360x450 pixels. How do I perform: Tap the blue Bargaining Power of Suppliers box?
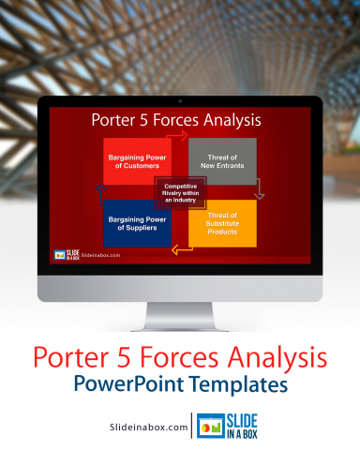point(136,222)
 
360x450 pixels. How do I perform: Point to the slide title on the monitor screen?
point(176,120)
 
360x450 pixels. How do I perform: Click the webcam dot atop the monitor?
point(180,100)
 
